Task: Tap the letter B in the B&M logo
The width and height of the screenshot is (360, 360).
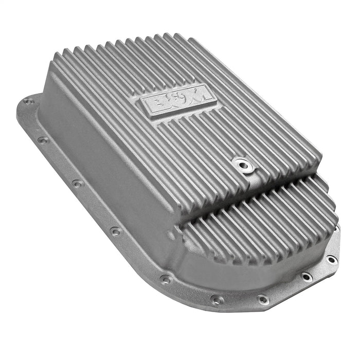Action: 156,103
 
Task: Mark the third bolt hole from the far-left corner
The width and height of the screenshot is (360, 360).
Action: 77,183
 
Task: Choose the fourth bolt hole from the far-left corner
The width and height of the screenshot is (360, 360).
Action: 115,231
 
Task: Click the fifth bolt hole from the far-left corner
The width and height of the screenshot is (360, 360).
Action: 166,279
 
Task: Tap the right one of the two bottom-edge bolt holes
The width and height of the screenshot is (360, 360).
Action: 263,299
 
